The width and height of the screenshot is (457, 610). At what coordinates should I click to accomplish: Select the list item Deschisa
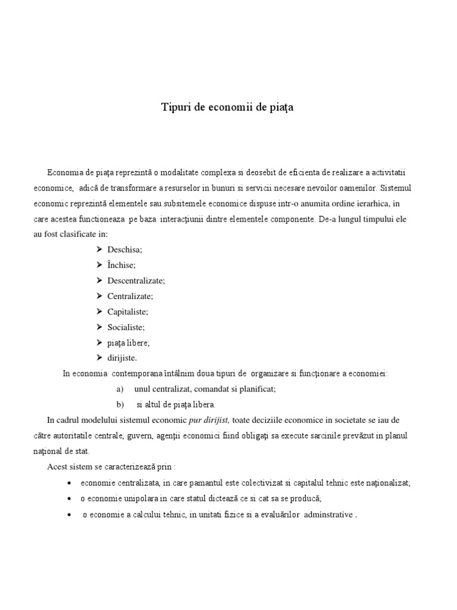click(x=124, y=250)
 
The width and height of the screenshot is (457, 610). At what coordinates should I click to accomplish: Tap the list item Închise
click(x=121, y=265)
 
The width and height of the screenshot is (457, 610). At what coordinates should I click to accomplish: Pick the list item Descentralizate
click(x=136, y=281)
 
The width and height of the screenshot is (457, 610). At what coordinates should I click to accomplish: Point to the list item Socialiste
click(x=126, y=327)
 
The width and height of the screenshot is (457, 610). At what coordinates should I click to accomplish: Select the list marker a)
click(x=120, y=389)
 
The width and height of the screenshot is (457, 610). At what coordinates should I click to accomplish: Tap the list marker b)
click(x=120, y=404)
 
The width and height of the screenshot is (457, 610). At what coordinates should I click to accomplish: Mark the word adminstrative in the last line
click(x=328, y=514)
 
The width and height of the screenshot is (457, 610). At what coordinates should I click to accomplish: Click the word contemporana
click(x=137, y=374)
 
